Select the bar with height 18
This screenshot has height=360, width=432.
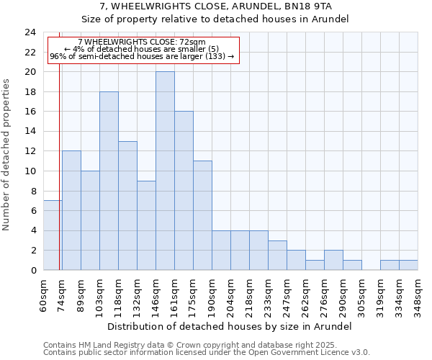tap(109, 181)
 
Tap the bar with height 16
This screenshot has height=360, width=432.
tap(184, 191)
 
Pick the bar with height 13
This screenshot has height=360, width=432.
tap(127, 205)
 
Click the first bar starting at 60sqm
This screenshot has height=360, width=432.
tap(53, 235)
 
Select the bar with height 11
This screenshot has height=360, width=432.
tap(202, 215)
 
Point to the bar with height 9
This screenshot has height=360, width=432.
tap(146, 225)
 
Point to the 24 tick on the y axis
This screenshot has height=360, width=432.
tap(30, 32)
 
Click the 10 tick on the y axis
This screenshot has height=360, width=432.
tap(30, 171)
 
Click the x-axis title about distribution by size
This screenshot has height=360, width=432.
tap(230, 326)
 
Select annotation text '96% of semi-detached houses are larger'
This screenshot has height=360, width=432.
tap(142, 56)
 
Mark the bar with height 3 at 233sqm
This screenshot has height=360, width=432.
tap(277, 255)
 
